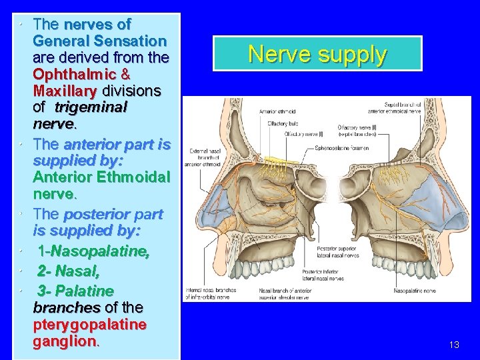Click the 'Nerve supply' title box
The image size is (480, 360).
pyautogui.click(x=317, y=53)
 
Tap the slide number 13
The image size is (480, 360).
pyautogui.click(x=454, y=345)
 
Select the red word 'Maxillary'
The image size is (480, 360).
pyautogui.click(x=65, y=91)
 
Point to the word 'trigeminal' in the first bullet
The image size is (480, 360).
pyautogui.click(x=91, y=107)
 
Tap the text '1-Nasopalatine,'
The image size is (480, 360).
pyautogui.click(x=93, y=252)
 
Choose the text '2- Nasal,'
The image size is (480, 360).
pyautogui.click(x=68, y=271)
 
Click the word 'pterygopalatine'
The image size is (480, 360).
pyautogui.click(x=89, y=324)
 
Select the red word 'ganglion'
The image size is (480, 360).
pyautogui.click(x=65, y=341)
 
